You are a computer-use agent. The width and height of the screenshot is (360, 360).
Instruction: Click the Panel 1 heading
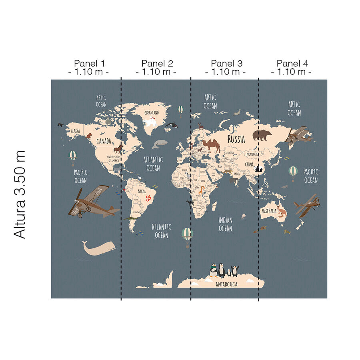pos(90,64)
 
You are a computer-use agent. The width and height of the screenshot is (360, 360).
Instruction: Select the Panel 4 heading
pos(292,64)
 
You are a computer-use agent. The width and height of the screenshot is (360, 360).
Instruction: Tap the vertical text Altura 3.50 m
pos(20,195)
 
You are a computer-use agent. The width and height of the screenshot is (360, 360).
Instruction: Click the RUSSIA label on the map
pos(236,140)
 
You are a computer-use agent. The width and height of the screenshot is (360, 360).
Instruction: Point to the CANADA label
pos(104,141)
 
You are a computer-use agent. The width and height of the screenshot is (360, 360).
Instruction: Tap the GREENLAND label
pos(151,113)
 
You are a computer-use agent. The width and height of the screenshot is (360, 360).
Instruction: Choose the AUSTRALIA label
pos(269,211)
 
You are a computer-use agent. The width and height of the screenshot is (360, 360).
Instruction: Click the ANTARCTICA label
pos(226,284)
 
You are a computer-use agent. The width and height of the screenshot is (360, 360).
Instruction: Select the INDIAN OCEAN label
pos(225,224)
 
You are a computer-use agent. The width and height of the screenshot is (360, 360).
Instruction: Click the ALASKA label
pos(75,131)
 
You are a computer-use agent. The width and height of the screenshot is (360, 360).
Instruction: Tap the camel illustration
pos(210,146)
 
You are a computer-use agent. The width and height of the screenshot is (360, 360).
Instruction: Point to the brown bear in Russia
pos(262,135)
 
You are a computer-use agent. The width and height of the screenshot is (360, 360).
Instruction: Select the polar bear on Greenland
pos(151,122)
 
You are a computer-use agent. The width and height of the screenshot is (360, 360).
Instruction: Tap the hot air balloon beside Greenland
pos(180,110)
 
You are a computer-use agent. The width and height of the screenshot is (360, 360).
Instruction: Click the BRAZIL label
pos(142,191)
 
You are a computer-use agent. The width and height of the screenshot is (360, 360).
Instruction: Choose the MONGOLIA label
pos(252,154)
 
